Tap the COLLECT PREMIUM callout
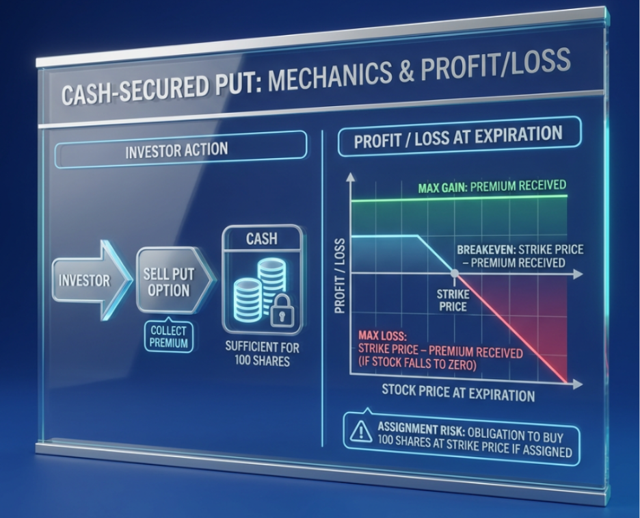169,337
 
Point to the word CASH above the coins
262,239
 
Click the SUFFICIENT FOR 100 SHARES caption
262,354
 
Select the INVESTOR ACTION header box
180,150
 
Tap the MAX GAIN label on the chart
442,187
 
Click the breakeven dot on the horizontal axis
454,273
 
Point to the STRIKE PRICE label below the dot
453,300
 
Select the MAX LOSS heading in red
382,336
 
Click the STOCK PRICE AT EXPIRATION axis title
458,392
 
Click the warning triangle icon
361,430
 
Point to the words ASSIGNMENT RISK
421,429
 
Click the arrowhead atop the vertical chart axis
350,177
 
